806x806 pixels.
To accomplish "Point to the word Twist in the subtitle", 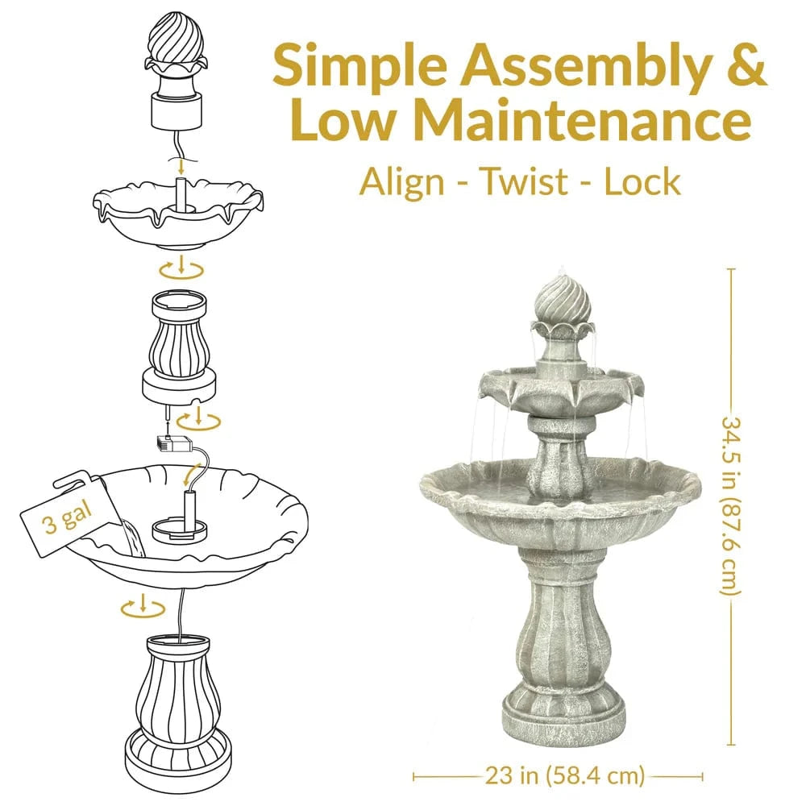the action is [x=524, y=182].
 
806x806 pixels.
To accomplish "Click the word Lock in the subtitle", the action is [x=642, y=182].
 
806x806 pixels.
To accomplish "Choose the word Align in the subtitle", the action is [x=401, y=183].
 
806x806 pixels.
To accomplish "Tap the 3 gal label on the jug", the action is [x=67, y=517].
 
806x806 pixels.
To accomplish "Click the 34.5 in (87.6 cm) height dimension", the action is [x=731, y=506].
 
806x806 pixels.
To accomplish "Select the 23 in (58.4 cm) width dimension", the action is [x=565, y=775].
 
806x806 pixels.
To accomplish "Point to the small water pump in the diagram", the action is [x=173, y=443].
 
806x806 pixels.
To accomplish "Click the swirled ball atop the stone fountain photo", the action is [x=561, y=301].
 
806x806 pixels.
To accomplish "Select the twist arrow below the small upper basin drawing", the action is [x=181, y=268].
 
